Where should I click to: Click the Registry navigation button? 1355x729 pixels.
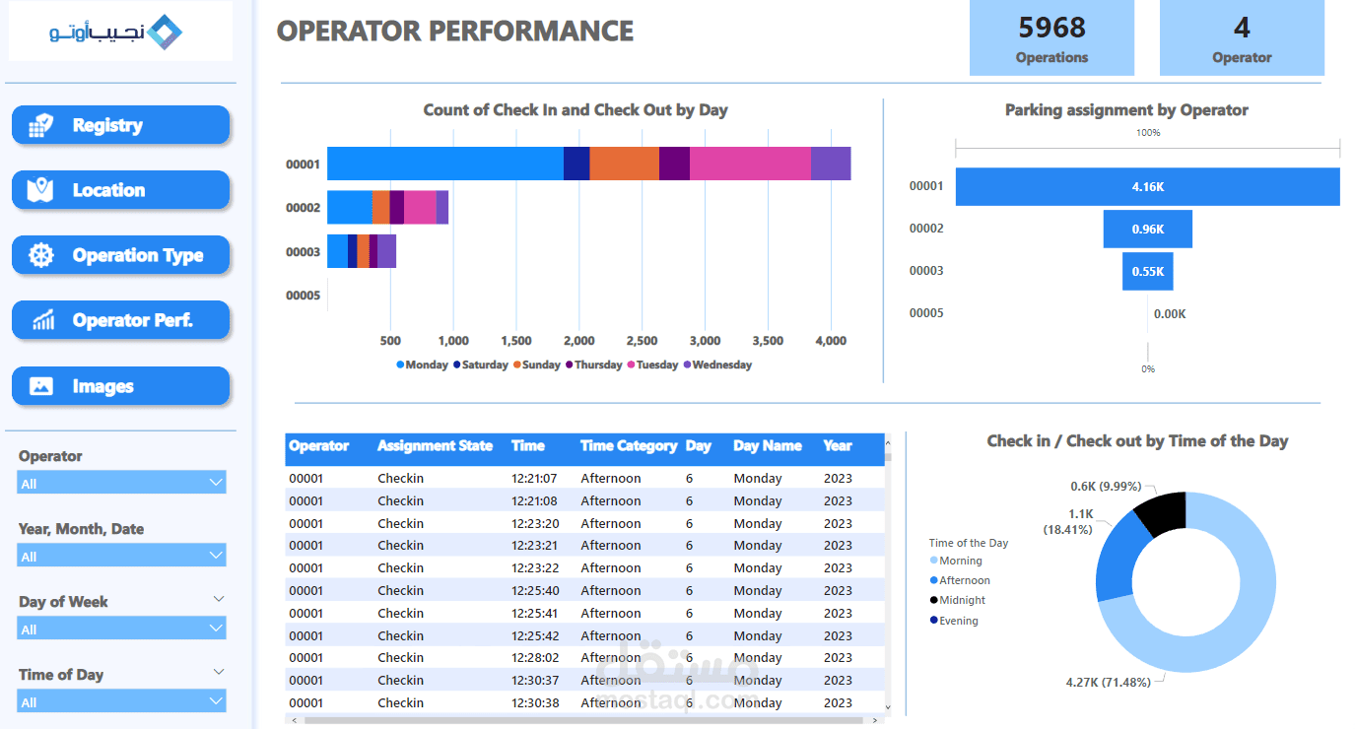[x=120, y=125]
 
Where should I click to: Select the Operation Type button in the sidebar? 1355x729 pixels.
[x=120, y=255]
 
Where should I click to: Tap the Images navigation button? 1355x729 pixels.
[x=120, y=386]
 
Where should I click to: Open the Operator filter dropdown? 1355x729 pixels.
[x=121, y=483]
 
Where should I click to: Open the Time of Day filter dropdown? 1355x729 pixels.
[x=121, y=701]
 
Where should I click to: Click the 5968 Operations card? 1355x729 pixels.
[x=1051, y=38]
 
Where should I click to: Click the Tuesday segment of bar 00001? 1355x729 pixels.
[x=750, y=164]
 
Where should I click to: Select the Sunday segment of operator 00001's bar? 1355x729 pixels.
[x=624, y=164]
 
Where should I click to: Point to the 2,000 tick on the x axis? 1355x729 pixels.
[x=578, y=341]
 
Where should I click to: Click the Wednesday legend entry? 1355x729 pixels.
[x=721, y=364]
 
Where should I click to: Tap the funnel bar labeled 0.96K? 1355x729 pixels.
[x=1147, y=229]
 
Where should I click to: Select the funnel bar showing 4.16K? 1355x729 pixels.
[x=1147, y=186]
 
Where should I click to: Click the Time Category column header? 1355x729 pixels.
[x=628, y=446]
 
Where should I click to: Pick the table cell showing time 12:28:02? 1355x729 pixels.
[x=534, y=658]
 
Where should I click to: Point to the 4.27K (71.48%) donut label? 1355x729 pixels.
[x=1109, y=682]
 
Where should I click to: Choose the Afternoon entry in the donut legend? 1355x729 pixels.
[x=964, y=580]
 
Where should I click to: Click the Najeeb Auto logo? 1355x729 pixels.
[x=119, y=32]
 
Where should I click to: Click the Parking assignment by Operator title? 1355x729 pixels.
[x=1126, y=110]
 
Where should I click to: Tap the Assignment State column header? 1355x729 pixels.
[x=435, y=446]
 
